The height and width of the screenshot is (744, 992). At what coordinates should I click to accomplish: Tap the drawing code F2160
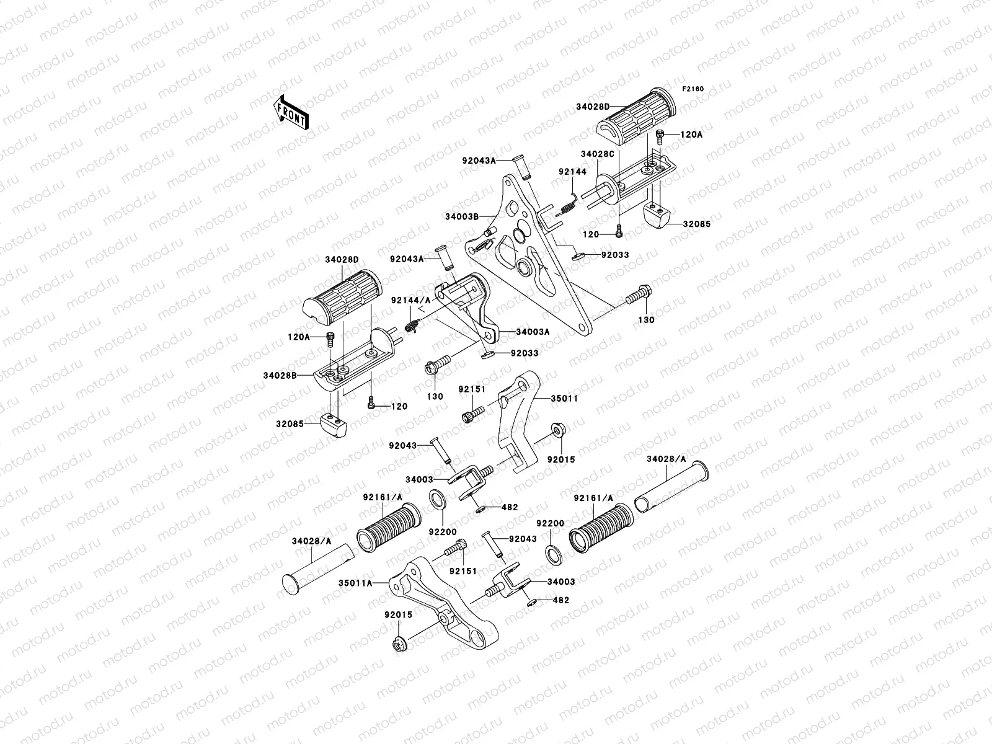[693, 89]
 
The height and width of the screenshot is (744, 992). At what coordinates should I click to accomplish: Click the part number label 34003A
[533, 332]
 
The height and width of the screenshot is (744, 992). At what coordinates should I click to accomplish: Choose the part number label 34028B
[278, 375]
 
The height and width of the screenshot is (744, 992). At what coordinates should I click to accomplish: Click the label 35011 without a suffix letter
[564, 399]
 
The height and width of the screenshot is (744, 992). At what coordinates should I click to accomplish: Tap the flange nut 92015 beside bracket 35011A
[399, 645]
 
